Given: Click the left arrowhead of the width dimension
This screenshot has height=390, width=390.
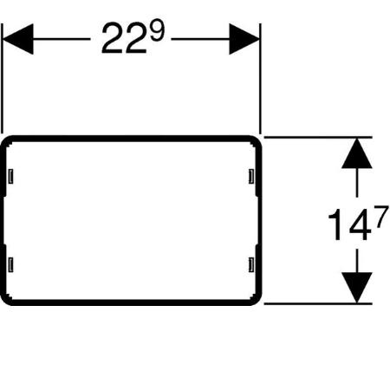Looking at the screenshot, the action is click(x=18, y=39).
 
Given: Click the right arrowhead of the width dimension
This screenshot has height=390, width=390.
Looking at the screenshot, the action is click(x=244, y=39).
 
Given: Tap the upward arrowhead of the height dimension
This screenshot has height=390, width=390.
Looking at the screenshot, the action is click(x=357, y=153).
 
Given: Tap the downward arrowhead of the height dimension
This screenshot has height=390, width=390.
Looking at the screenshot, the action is click(x=357, y=288).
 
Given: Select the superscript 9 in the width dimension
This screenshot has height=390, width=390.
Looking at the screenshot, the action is click(x=157, y=30).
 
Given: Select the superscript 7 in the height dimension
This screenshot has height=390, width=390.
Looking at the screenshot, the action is click(x=380, y=217).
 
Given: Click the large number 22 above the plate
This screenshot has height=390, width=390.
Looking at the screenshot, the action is click(x=124, y=39).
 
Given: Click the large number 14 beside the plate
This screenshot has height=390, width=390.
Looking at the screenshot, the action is click(x=350, y=225).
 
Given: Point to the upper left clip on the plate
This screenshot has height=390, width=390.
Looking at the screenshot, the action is click(x=10, y=176).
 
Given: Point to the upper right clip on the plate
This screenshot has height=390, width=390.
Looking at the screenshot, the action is click(x=251, y=176).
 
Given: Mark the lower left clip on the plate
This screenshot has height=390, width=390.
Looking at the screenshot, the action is click(x=10, y=264).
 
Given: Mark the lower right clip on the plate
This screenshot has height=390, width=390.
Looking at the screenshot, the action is click(x=251, y=264).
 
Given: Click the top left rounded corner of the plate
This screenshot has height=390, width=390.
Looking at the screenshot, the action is click(x=5, y=140).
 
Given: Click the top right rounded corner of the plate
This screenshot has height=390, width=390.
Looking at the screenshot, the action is click(x=257, y=140).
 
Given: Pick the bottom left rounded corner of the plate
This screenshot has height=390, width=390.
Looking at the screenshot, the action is click(x=5, y=301).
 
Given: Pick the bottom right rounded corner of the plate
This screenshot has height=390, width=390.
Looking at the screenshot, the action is click(x=257, y=301).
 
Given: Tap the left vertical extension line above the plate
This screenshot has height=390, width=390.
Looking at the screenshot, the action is click(x=2, y=78).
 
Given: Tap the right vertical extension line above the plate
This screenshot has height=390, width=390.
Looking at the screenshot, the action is click(x=260, y=78).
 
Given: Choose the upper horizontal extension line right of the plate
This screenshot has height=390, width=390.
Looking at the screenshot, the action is click(x=318, y=138).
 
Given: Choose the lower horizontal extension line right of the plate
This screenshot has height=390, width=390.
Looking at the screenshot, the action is click(x=318, y=303).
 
